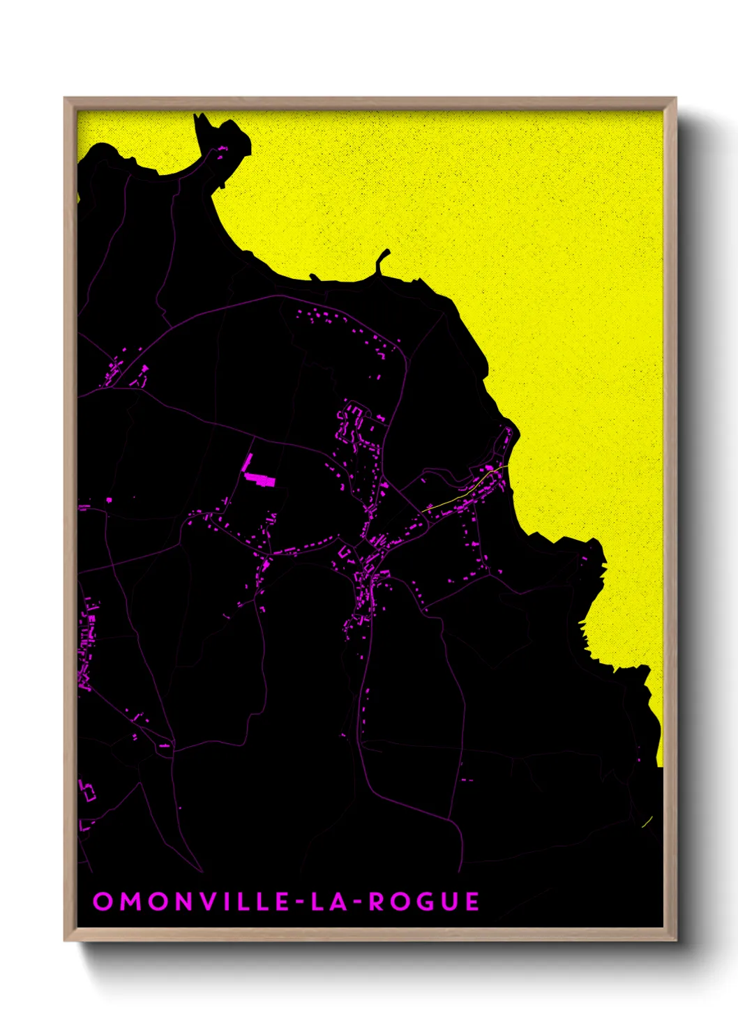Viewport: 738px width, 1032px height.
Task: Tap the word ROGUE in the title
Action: pos(424,902)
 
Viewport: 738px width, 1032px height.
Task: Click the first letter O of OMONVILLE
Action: pos(103,902)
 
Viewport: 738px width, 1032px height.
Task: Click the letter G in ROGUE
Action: pos(423,902)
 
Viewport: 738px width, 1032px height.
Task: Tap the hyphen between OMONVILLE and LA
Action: pos(299,902)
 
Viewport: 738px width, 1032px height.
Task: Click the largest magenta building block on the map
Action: pos(260,479)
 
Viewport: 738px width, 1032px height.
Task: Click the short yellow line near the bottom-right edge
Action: pos(647,822)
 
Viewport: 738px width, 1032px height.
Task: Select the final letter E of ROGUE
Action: pos(472,902)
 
